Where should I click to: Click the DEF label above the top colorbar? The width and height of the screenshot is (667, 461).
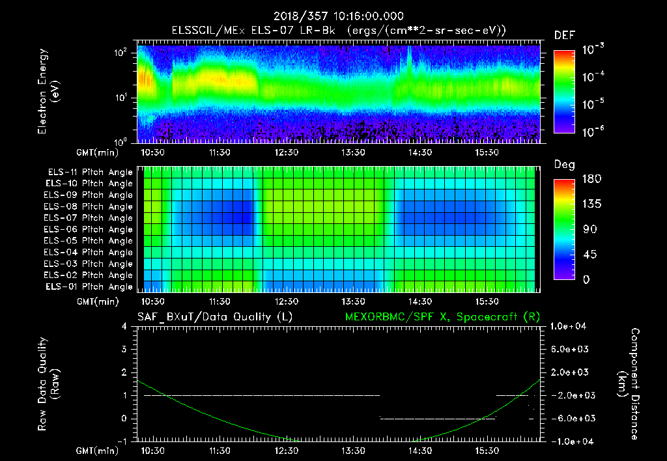click(564, 35)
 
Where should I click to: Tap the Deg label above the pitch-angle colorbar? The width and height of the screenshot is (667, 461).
click(564, 165)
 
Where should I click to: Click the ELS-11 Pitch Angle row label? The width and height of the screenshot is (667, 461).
click(90, 173)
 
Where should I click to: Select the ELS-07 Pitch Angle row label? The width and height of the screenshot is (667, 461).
click(90, 218)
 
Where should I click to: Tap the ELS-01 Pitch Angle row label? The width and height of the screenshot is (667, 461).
click(90, 286)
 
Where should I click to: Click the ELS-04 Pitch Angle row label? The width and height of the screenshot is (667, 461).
click(90, 253)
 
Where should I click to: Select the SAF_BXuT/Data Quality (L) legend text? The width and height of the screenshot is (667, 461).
click(214, 317)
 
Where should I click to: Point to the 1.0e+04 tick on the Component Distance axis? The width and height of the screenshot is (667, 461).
click(571, 326)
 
